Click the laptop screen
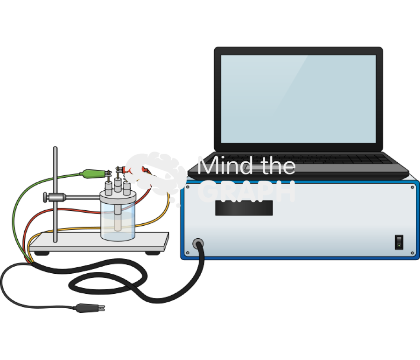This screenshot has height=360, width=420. tap(298, 98)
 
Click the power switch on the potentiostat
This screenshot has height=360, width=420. tap(399, 242)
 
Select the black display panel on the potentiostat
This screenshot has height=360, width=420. tap(244, 208)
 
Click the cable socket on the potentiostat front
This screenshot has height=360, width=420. tap(198, 244)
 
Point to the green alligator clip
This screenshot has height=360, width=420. tap(93, 174)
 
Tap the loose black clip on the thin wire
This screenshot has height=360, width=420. tap(89, 307)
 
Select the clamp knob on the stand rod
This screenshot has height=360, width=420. tap(47, 197)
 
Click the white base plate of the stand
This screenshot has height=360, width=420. tap(98, 242)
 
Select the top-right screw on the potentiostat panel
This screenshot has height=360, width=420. tap(413, 187)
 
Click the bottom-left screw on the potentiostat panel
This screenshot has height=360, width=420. tap(188, 253)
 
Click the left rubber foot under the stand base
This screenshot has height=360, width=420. tap(41, 253)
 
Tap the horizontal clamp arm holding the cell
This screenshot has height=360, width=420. tap(82, 197)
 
